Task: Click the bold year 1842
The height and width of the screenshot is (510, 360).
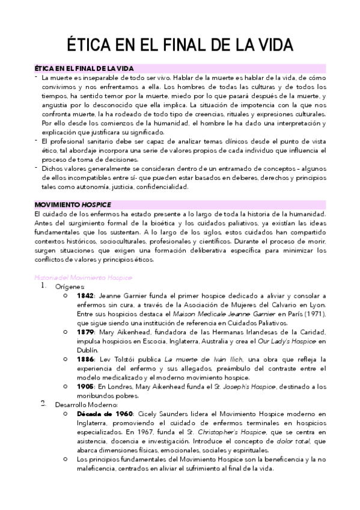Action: (x=85, y=296)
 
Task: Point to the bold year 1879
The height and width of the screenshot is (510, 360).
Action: (x=85, y=331)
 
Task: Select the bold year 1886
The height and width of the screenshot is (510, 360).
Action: (x=85, y=358)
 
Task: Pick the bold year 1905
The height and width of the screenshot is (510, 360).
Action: (x=85, y=386)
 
